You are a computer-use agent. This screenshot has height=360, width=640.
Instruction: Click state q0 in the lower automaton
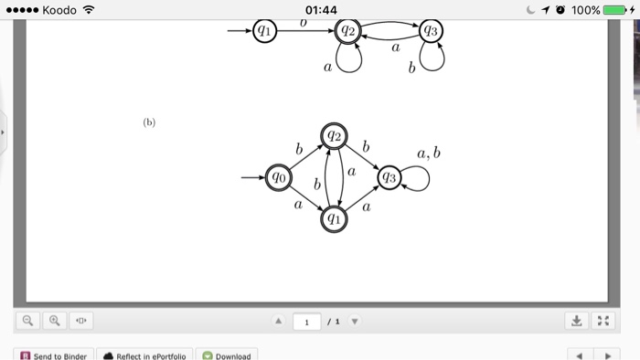[x=277, y=177]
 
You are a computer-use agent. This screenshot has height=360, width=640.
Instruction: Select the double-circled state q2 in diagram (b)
[x=334, y=136]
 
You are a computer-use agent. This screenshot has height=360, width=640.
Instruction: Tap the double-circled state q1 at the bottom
[x=334, y=218]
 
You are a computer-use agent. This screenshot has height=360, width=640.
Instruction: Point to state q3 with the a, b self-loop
[x=389, y=177]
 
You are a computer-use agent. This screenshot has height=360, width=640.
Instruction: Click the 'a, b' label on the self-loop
[x=429, y=154]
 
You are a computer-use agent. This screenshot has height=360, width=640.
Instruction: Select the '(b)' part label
[x=149, y=122]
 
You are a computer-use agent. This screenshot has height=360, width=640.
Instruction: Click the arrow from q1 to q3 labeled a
[x=362, y=197]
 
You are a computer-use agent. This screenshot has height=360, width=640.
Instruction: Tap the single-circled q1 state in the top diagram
[x=264, y=31]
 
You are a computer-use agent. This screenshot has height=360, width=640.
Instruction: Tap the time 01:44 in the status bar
[x=320, y=10]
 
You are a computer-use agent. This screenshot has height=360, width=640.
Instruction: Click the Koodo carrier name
[x=58, y=10]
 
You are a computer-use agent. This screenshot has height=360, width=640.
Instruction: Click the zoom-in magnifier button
[x=54, y=321]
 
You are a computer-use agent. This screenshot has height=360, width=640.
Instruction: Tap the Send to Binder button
[x=54, y=355]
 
